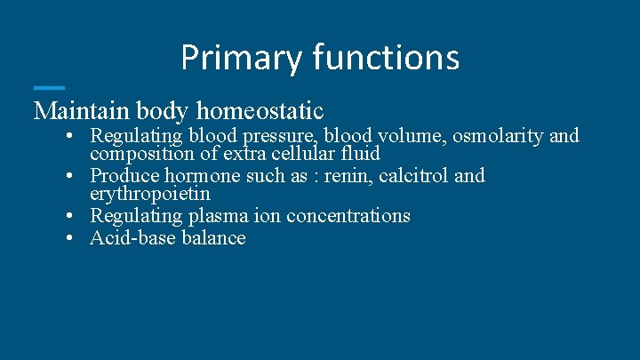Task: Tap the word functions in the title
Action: (x=385, y=58)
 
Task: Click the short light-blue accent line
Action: (x=49, y=87)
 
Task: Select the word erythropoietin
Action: (x=150, y=193)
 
